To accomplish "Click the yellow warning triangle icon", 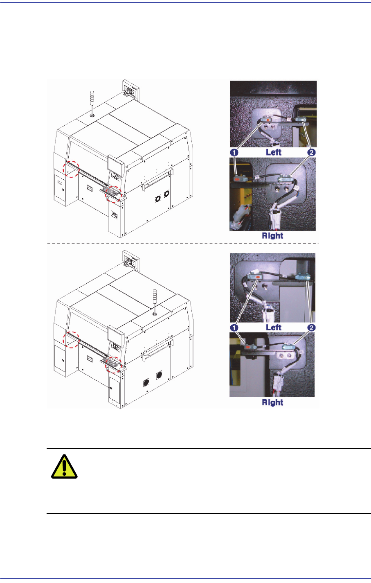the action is pos(64,467).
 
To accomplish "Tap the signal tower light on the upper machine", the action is pos(92,104).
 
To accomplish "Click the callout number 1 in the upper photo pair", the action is pos(234,152).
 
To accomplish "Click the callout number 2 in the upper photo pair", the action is pos(311,152).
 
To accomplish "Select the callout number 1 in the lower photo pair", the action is pos(234,328).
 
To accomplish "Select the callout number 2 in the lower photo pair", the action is pos(311,328).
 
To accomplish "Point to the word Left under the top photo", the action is pos(274,152).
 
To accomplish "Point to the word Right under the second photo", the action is pos(272,235).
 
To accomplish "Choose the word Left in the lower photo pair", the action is pos(274,327).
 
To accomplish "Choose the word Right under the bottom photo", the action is pos(272,402).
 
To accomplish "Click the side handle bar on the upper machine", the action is pos(157,178).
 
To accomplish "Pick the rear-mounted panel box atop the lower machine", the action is pos(131,260).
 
